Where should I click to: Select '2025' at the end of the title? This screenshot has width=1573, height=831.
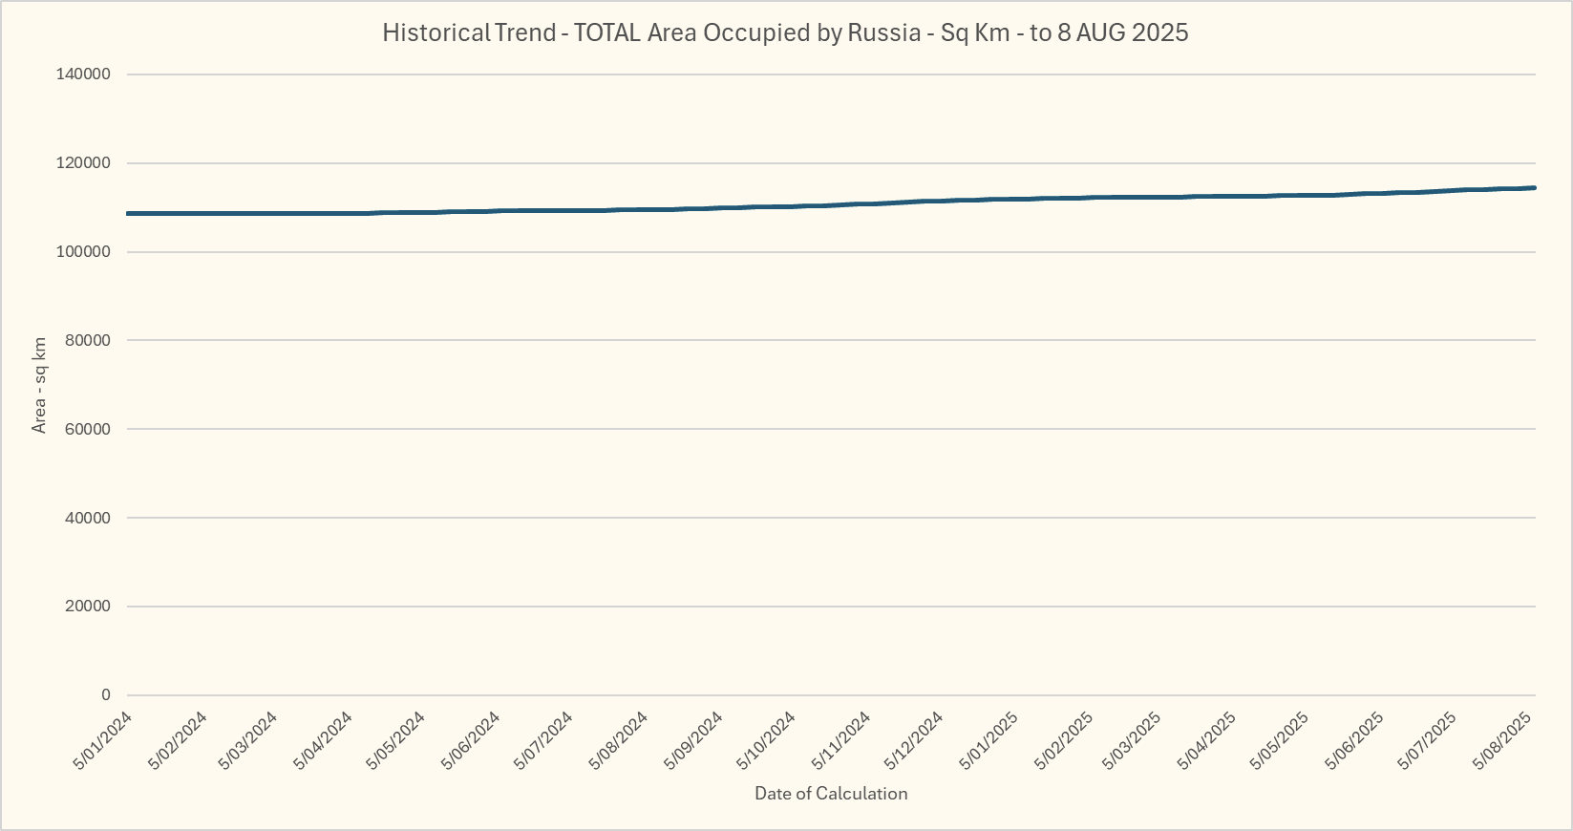1160,32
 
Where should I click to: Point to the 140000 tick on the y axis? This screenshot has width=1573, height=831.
84,75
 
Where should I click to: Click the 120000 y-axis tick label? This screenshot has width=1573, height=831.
84,163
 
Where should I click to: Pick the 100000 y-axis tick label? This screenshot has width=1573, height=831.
84,252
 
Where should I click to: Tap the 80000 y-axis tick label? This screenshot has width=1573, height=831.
88,340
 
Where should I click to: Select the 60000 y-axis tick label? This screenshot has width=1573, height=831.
88,429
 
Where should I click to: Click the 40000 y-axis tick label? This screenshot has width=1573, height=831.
88,518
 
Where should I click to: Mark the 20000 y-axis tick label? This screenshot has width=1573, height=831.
88,607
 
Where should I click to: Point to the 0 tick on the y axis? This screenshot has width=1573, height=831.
105,695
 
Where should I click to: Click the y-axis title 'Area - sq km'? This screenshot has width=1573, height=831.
39,385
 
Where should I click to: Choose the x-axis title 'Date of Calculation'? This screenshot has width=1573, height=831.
831,794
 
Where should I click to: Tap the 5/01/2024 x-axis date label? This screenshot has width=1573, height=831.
102,741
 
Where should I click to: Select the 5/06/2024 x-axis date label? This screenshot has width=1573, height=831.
471,741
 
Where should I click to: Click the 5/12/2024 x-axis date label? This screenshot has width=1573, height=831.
914,741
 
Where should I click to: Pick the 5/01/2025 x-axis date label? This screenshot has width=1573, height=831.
988,741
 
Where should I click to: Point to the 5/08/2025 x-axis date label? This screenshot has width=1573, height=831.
1504,741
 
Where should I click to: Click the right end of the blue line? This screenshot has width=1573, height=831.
1534,188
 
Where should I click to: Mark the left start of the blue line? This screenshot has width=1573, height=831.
128,213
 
